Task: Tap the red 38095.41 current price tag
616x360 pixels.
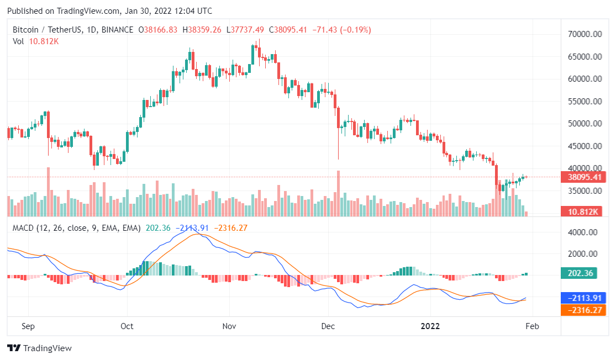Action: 583,177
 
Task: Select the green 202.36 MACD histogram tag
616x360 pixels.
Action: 583,273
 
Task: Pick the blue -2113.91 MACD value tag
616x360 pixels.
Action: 583,298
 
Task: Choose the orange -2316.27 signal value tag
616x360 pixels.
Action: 583,310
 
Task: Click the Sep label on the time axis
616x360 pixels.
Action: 28,326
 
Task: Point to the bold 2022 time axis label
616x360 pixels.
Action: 430,326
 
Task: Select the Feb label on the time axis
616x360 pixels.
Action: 531,326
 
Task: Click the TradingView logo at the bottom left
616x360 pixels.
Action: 39,348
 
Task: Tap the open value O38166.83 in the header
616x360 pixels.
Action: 157,30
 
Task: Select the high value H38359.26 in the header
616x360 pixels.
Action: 202,30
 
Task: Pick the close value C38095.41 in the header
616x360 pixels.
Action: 288,30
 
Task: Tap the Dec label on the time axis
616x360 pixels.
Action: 328,326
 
